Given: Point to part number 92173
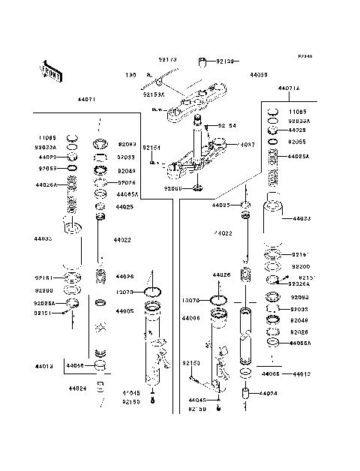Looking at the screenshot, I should click(x=167, y=57).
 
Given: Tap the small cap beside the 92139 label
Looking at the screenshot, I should click(x=201, y=61).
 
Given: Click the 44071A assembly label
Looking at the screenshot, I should click(x=288, y=88).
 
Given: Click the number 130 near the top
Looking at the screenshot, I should click(x=130, y=76).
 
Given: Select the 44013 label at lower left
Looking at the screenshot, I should click(x=43, y=367).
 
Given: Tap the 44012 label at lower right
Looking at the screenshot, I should click(x=301, y=373).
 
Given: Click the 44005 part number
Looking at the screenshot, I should click(x=125, y=310).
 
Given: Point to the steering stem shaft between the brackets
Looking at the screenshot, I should click(x=201, y=139).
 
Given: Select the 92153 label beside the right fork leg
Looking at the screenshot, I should click(x=190, y=362).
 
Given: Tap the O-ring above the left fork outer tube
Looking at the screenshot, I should click(x=154, y=292).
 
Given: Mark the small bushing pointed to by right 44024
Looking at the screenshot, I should click(x=245, y=394).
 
